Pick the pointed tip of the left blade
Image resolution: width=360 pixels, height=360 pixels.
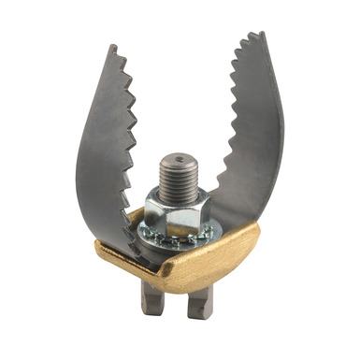click(x=110, y=46)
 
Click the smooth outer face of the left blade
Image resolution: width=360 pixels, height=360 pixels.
click(x=98, y=159)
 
